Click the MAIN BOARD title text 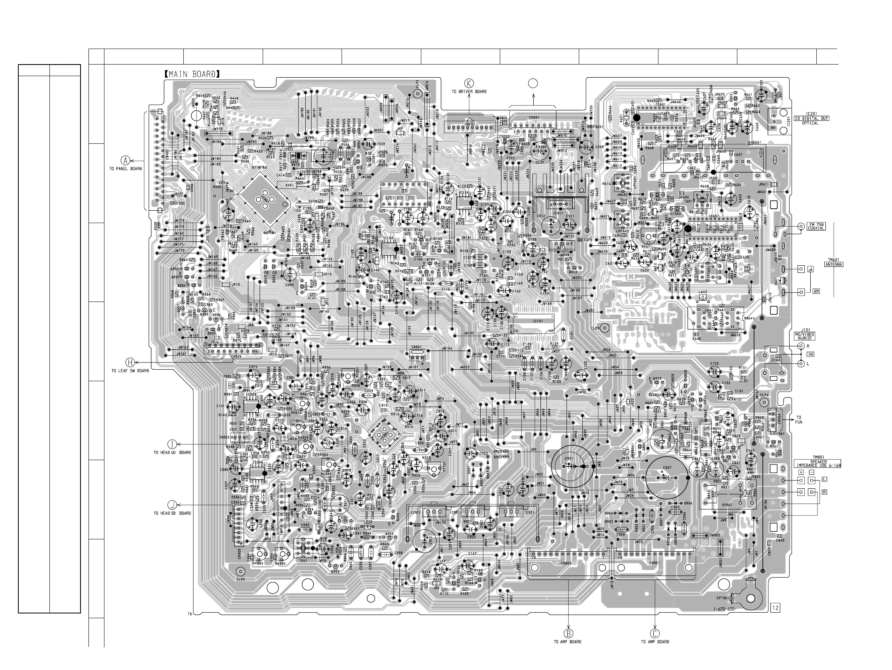pyautogui.click(x=192, y=74)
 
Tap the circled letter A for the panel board pyautogui.click(x=126, y=160)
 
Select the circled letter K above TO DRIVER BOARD pyautogui.click(x=469, y=83)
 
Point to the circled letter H pyautogui.click(x=130, y=362)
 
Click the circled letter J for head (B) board pyautogui.click(x=172, y=505)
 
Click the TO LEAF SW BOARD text pyautogui.click(x=130, y=370)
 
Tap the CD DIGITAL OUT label pyautogui.click(x=811, y=119)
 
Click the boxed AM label pyautogui.click(x=816, y=291)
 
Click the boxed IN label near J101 pyautogui.click(x=810, y=355)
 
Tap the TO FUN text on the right pyautogui.click(x=799, y=420)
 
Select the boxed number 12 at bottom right pyautogui.click(x=775, y=607)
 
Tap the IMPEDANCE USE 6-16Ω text pyautogui.click(x=818, y=466)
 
